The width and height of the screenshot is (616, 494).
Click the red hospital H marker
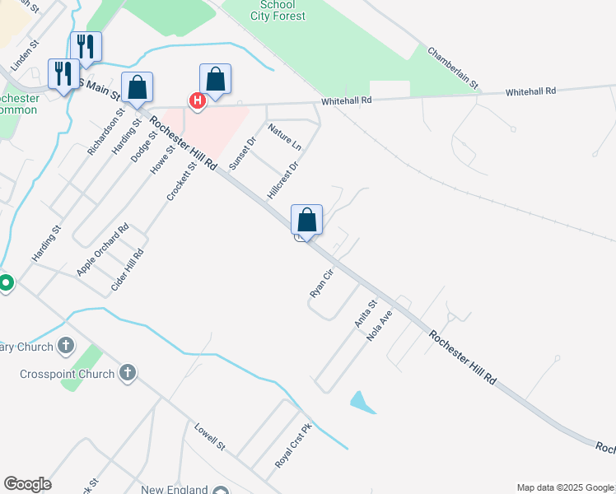(197, 101)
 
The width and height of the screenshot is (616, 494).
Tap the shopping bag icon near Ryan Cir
(306, 220)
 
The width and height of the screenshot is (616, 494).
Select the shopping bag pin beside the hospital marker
(215, 80)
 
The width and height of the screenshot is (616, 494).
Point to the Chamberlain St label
(452, 67)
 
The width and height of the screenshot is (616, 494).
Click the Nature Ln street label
(284, 138)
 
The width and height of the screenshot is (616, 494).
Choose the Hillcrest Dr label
(282, 179)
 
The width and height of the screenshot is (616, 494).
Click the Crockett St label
(181, 180)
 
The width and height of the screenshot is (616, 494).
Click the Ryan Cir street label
(320, 282)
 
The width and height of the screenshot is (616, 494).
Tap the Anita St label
(365, 314)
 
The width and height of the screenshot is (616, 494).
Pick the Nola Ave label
(385, 326)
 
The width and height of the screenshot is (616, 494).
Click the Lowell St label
(209, 436)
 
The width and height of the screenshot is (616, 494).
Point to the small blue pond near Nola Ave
(362, 403)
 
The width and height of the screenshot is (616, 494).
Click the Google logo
(27, 484)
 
